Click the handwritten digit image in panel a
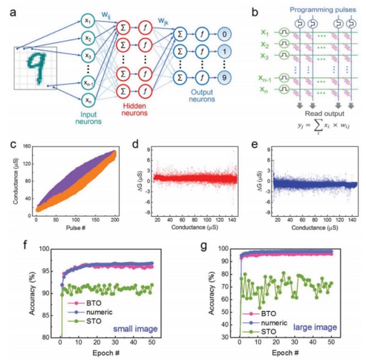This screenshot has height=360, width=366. tap(35, 72)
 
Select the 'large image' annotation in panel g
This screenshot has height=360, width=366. tap(315, 328)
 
